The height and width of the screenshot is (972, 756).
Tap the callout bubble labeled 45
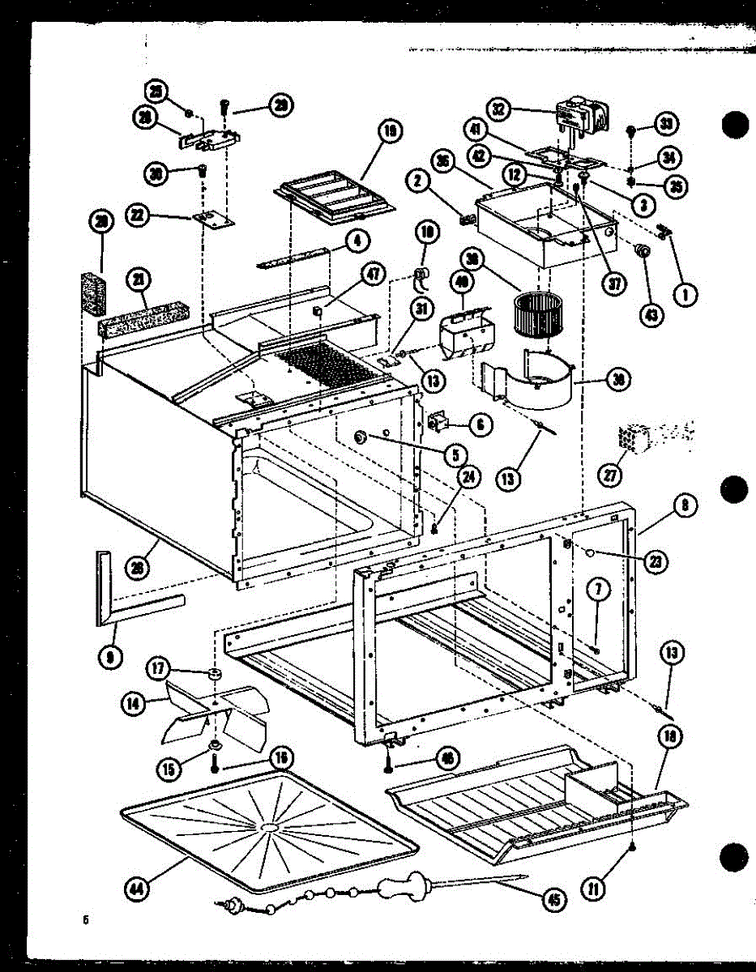554,898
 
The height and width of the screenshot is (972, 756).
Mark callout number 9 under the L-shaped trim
109,657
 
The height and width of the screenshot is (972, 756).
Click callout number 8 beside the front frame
685,505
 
